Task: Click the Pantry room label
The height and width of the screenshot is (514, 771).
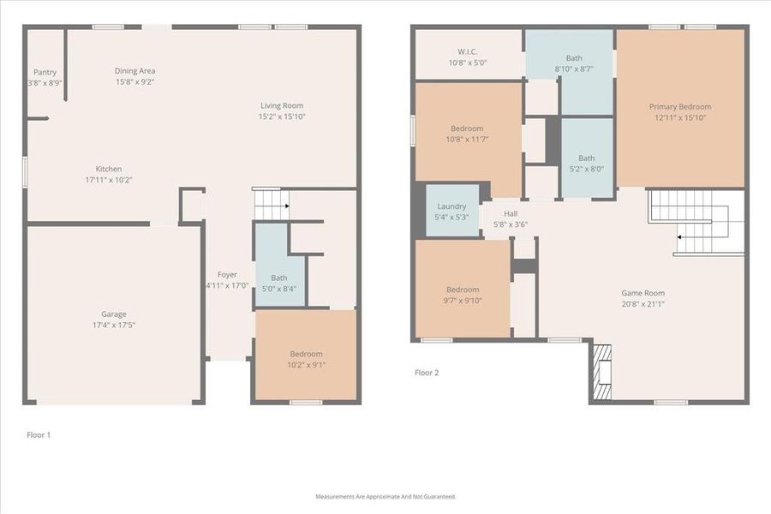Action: pyautogui.click(x=44, y=72)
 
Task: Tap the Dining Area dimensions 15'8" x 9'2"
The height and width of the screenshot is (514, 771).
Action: pyautogui.click(x=135, y=82)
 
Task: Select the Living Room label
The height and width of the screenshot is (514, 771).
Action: pyautogui.click(x=282, y=105)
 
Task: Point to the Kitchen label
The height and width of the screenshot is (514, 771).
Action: pyautogui.click(x=109, y=169)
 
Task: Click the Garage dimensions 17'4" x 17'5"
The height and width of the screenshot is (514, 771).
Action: pyautogui.click(x=113, y=326)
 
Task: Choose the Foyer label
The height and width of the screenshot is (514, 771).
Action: pyautogui.click(x=227, y=274)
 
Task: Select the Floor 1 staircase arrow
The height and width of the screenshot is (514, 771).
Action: pyautogui.click(x=285, y=206)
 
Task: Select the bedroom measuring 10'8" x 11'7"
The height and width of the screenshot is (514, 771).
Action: pyautogui.click(x=467, y=134)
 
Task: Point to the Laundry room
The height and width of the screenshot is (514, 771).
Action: pyautogui.click(x=451, y=211)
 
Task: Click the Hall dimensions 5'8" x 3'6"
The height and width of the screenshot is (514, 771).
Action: pyautogui.click(x=511, y=224)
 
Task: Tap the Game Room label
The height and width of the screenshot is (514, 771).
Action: pyautogui.click(x=642, y=293)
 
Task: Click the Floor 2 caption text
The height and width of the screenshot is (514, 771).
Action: pyautogui.click(x=426, y=373)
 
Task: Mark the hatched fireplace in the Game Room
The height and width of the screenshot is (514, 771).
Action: pyautogui.click(x=603, y=372)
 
